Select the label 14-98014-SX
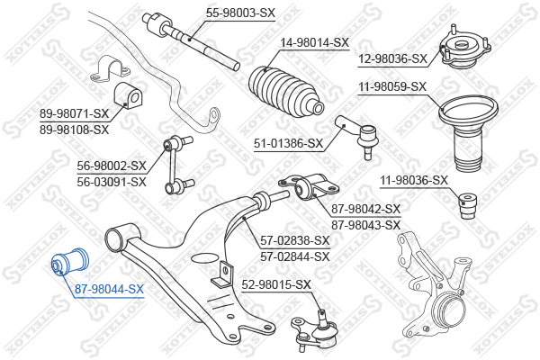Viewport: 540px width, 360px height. point(313,42)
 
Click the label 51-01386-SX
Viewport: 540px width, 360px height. point(288,142)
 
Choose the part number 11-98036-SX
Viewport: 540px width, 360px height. point(413,180)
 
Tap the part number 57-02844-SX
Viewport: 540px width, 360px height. point(294,256)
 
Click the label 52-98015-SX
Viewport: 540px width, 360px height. point(276,285)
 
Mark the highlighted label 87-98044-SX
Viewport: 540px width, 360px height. point(109,289)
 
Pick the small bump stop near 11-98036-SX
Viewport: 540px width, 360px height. point(468,204)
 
